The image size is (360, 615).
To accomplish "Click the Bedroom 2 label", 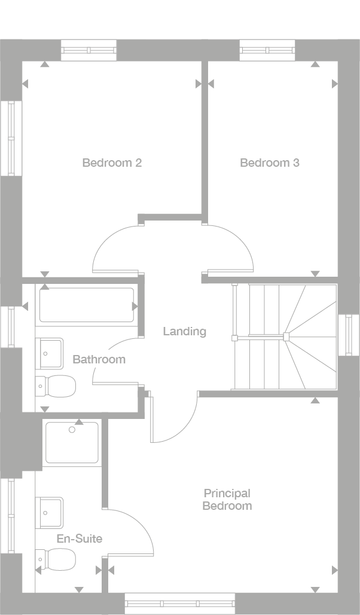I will coord(112,163).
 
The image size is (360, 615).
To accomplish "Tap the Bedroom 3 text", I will coord(269,163).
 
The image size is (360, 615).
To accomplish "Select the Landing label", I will coord(185,331).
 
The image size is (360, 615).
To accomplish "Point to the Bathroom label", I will coord(99,359).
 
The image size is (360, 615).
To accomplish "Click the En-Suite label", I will coord(80,538).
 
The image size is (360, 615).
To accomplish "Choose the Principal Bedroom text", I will coord(227,500).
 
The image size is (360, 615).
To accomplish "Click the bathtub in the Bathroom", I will coord(87,305).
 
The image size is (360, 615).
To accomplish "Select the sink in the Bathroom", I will coord(50,354).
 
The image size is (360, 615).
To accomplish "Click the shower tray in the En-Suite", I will coord(72,443).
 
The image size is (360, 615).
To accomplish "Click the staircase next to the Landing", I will coord(285,337).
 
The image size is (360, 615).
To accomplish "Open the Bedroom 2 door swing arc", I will coord(117,248).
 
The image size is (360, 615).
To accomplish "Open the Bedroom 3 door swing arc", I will coord(230,248).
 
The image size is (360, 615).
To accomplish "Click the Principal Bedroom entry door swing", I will coord(173,418).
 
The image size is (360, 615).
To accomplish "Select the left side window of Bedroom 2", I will coord(10,138).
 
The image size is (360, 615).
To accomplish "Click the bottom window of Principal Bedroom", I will coord(181,603).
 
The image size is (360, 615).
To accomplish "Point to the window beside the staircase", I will coord(349,335).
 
